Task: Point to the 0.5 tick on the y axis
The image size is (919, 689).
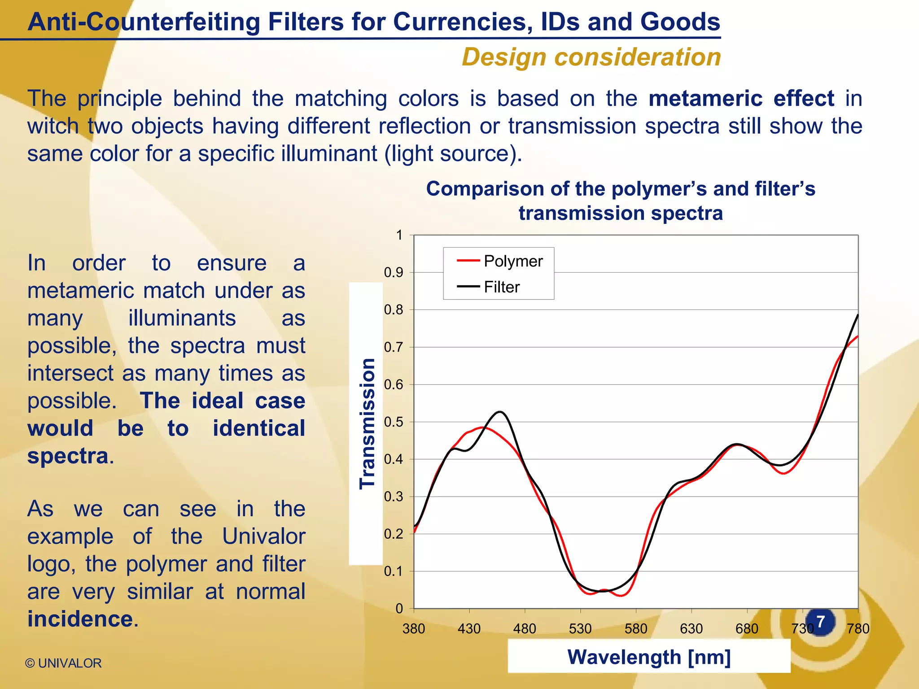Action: pyautogui.click(x=394, y=422)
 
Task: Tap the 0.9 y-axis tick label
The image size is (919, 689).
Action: pyautogui.click(x=394, y=273)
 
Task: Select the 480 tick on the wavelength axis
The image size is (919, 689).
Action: pyautogui.click(x=525, y=628)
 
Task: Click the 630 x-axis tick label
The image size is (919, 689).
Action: pyautogui.click(x=691, y=628)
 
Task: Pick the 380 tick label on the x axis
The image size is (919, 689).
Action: pyautogui.click(x=413, y=628)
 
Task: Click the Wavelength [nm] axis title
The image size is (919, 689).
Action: pyautogui.click(x=649, y=657)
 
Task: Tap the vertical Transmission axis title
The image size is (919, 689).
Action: pyautogui.click(x=367, y=423)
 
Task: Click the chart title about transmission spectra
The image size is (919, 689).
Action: pyautogui.click(x=621, y=201)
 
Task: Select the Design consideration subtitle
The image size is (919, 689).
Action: pyautogui.click(x=591, y=57)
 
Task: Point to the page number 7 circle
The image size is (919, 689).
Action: pyautogui.click(x=820, y=622)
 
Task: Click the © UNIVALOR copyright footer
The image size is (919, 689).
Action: pyautogui.click(x=63, y=663)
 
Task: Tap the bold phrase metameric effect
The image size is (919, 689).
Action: pyautogui.click(x=741, y=99)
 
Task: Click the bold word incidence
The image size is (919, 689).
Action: pyautogui.click(x=80, y=619)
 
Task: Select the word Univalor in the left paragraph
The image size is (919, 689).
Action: pyautogui.click(x=264, y=536)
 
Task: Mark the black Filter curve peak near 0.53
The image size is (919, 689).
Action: pyautogui.click(x=501, y=412)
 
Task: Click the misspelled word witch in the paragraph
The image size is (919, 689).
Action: pyautogui.click(x=53, y=126)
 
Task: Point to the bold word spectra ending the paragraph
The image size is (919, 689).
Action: pyautogui.click(x=68, y=456)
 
